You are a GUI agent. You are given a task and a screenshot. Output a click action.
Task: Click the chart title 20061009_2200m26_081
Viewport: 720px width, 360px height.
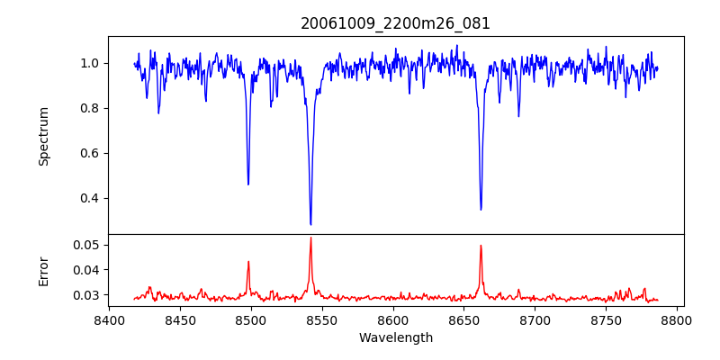(x=395, y=23)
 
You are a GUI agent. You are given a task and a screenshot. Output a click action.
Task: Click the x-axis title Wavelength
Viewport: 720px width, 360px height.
(x=395, y=337)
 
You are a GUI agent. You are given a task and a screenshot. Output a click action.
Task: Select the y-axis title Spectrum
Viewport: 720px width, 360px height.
(x=44, y=136)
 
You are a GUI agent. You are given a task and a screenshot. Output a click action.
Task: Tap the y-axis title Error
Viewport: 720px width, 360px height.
(x=44, y=271)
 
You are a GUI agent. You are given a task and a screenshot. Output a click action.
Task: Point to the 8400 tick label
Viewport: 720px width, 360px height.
(x=109, y=319)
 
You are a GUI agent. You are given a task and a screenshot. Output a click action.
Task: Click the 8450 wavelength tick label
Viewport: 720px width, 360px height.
(x=180, y=319)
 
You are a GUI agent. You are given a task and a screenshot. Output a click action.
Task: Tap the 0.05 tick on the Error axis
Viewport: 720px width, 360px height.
(x=87, y=245)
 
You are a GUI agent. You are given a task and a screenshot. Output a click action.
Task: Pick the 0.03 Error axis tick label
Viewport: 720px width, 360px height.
(x=87, y=294)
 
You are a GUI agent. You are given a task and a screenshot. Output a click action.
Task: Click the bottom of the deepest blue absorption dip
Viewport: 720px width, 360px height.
(x=310, y=224)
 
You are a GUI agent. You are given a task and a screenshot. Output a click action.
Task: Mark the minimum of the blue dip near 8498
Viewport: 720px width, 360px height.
(x=248, y=184)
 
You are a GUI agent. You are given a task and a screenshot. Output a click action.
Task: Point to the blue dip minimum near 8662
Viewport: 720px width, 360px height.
(x=481, y=210)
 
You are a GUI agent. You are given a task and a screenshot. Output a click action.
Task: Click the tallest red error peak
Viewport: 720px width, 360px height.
(x=310, y=238)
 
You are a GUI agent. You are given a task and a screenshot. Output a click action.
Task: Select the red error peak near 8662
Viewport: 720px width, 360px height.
(x=481, y=245)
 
